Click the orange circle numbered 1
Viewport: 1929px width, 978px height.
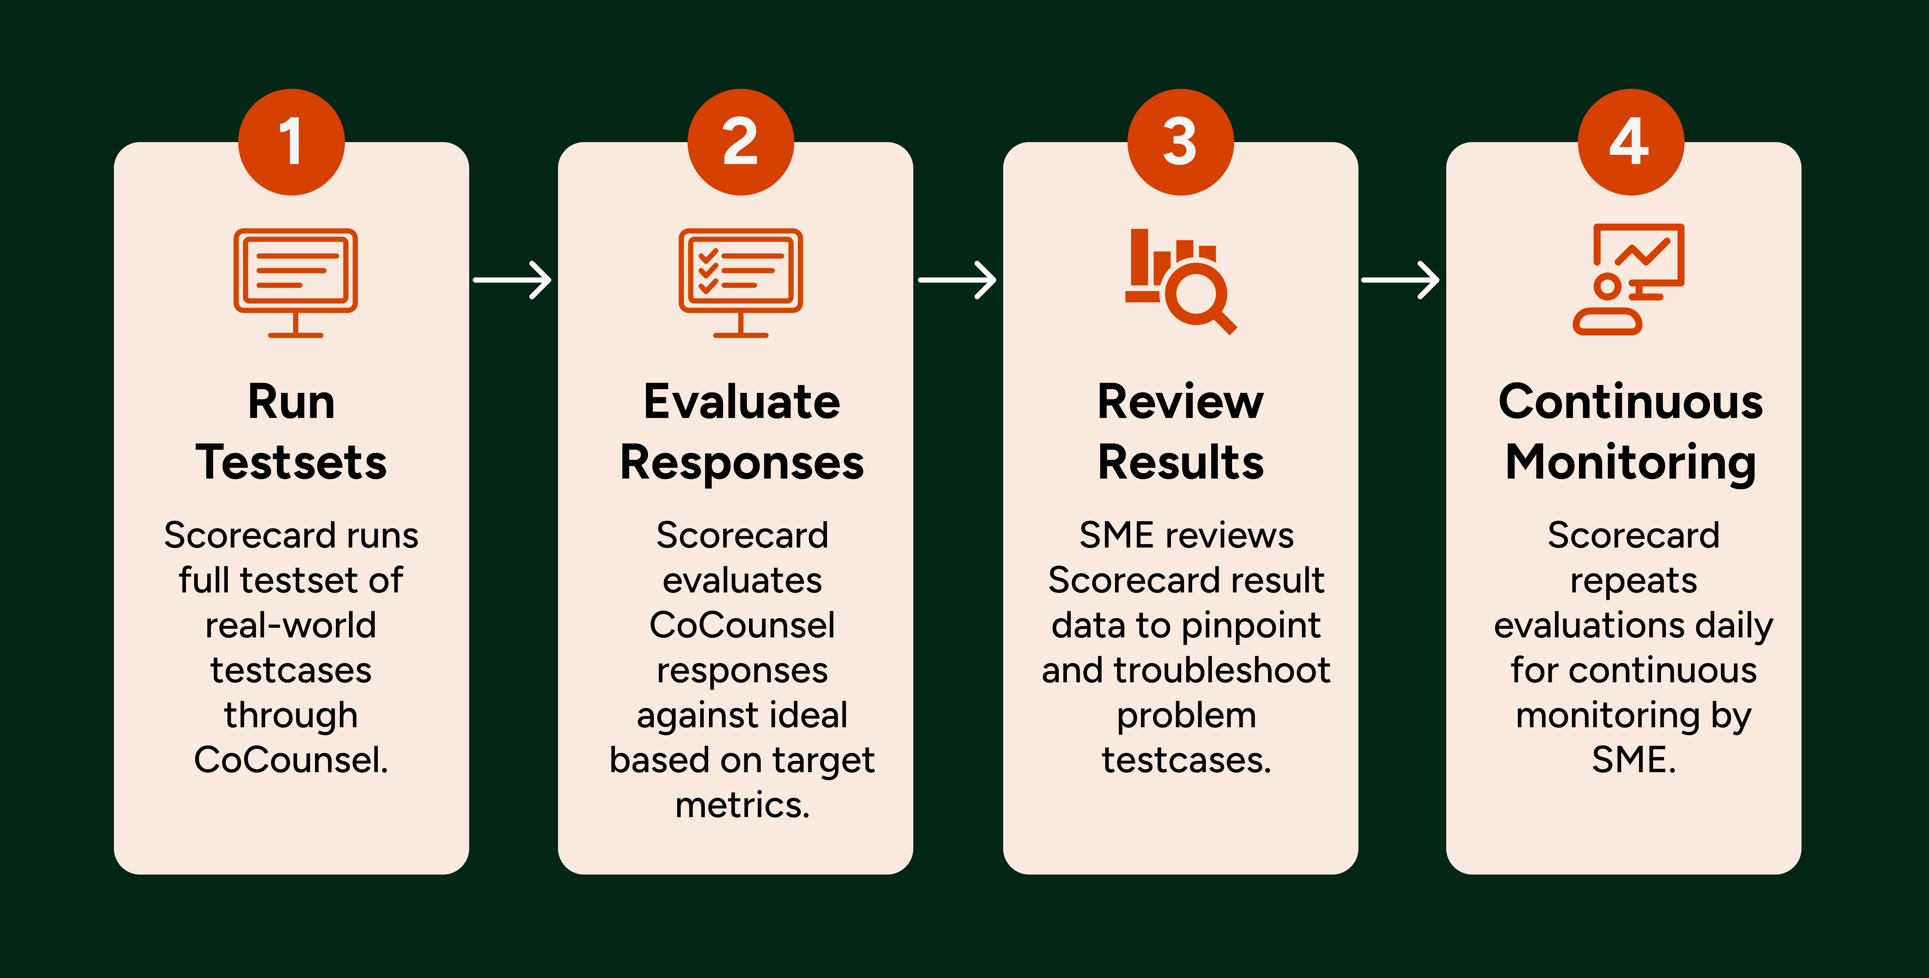click(291, 142)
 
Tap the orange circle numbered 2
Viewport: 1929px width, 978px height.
click(741, 142)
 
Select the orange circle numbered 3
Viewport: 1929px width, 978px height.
click(1180, 142)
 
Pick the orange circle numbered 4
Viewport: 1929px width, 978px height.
click(1631, 142)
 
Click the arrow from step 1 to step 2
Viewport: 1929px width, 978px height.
click(513, 280)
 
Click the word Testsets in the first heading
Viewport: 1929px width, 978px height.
click(291, 462)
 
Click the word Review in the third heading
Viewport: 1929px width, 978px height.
click(1180, 402)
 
